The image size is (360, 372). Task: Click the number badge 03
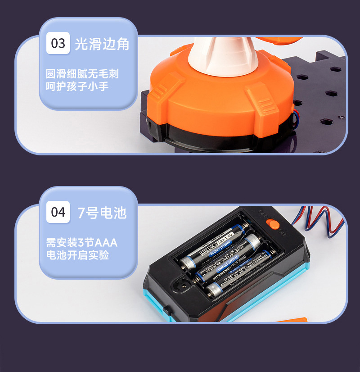point(58,43)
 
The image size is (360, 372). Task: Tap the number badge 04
point(58,212)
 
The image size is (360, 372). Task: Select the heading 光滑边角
point(102,44)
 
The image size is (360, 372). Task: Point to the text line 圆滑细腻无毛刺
point(82,73)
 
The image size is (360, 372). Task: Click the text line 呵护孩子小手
point(77,86)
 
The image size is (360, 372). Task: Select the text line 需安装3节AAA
point(81,243)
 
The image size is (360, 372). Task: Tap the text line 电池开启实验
point(77,255)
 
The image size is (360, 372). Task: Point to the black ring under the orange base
point(225,135)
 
